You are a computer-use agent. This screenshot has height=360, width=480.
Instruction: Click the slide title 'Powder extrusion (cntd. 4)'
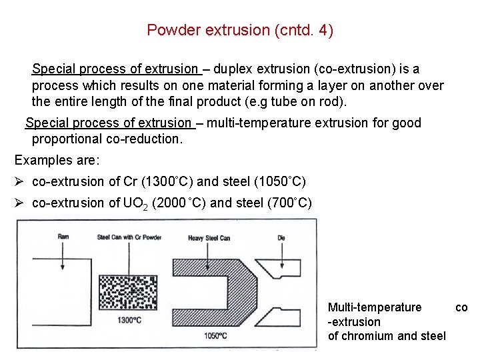tap(240, 30)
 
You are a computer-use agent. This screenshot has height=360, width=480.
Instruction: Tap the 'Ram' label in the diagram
tap(63, 237)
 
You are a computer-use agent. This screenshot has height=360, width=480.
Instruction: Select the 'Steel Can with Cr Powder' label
tap(129, 237)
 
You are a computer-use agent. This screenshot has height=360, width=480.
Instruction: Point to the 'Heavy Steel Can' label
tap(209, 238)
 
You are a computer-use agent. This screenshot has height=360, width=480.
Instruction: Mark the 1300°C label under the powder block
tap(129, 321)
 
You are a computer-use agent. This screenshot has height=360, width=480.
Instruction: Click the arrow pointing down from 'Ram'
tap(63, 256)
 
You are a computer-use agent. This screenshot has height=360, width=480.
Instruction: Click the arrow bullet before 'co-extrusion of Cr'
tap(19, 181)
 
